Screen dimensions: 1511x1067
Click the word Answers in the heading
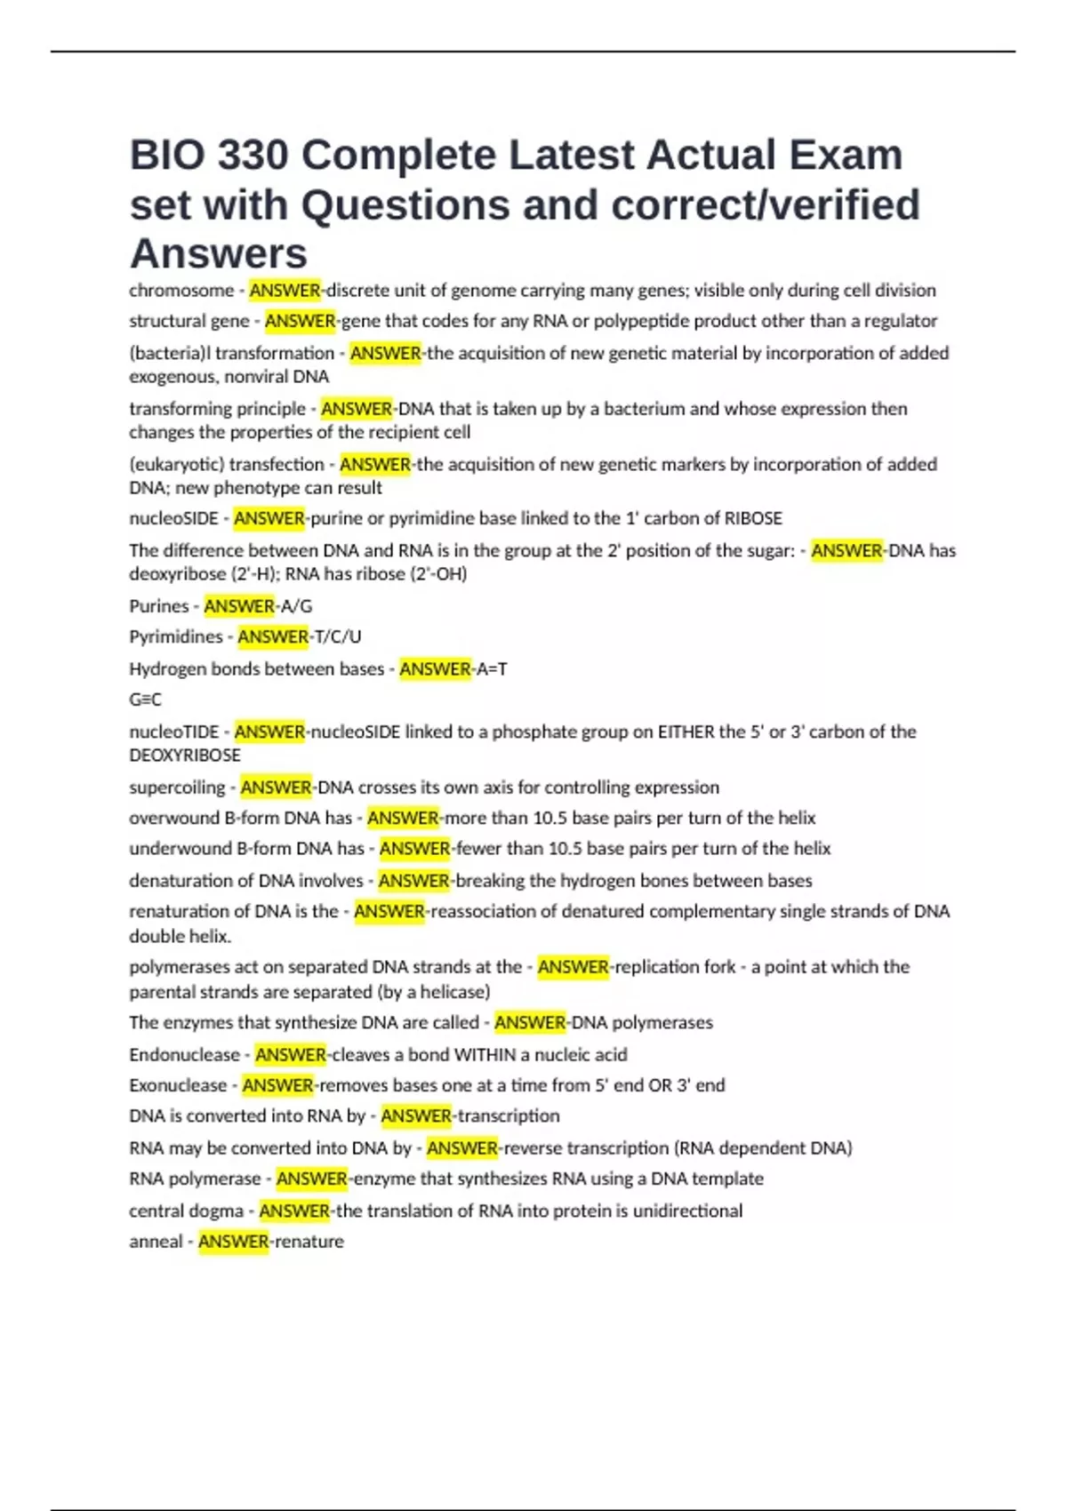219,253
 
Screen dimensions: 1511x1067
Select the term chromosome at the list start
181,291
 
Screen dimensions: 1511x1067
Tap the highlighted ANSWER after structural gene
300,321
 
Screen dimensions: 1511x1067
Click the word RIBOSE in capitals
753,518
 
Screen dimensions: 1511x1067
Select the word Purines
158,606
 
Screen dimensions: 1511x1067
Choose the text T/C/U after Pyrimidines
338,636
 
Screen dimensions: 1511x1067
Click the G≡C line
145,700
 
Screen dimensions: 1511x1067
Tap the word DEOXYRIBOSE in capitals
185,755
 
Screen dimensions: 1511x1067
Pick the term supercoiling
177,787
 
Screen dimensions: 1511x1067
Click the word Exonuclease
178,1085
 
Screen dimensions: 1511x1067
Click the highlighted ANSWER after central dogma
294,1211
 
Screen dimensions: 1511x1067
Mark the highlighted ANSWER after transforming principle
356,409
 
